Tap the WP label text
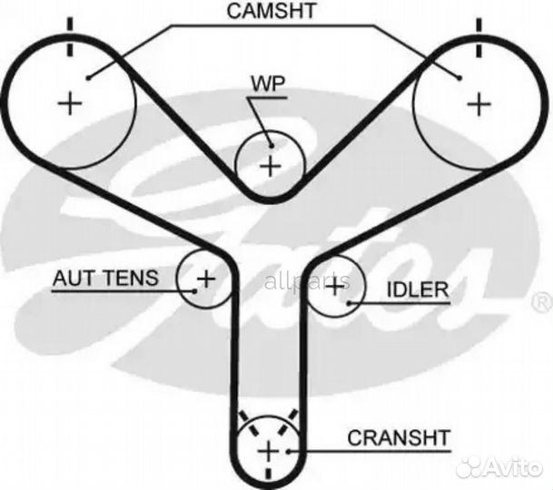coord(268,84)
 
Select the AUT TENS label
coord(104,278)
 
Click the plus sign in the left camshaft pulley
coord(69,103)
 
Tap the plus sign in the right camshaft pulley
coord(477,103)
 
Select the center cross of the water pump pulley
coord(269,166)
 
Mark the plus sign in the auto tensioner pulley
coord(205,278)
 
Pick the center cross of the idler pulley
coord(335,287)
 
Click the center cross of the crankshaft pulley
coord(268,451)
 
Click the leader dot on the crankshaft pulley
coord(289,449)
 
